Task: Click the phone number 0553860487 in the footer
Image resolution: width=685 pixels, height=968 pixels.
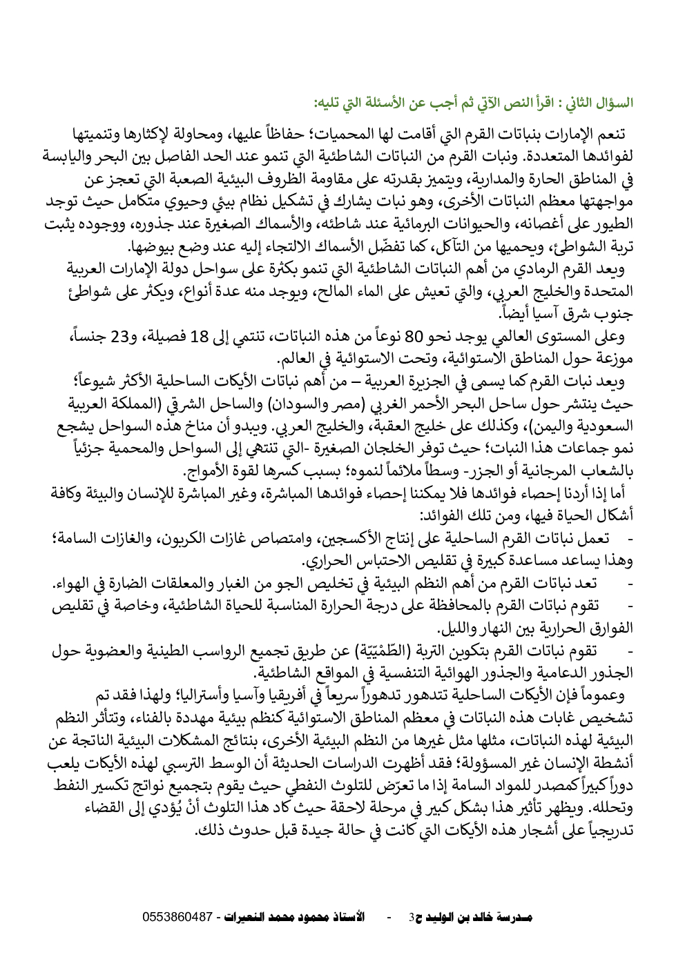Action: point(177,918)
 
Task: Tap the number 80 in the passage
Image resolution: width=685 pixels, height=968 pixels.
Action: point(413,337)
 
